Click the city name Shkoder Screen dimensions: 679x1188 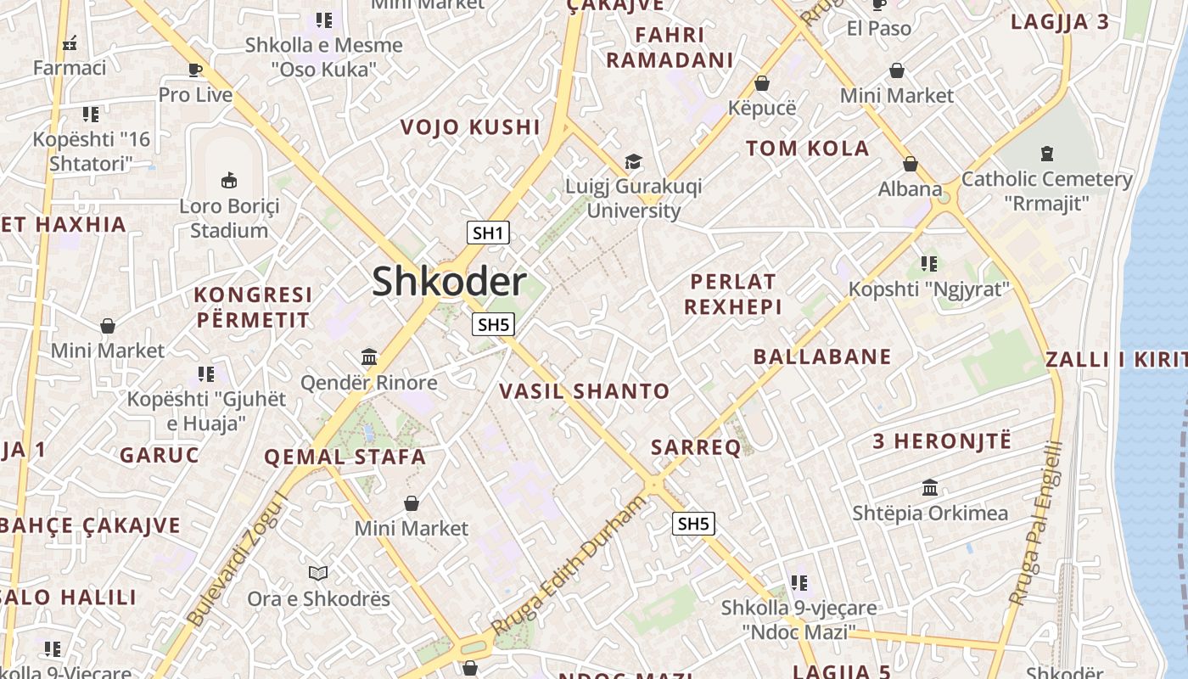coord(449,282)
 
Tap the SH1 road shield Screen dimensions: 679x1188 coord(488,233)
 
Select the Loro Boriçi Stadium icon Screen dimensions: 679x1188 coord(229,180)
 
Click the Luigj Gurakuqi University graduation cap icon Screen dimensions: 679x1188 coord(633,161)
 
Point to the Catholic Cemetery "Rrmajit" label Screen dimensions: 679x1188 coord(1046,191)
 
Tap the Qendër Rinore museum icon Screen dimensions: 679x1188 coord(369,356)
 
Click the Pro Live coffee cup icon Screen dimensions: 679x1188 coord(195,70)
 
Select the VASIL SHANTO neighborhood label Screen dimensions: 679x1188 coord(584,391)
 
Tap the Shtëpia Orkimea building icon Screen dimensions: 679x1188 coord(930,488)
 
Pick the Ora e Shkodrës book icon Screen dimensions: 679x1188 coord(318,573)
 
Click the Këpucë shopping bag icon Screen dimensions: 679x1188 coord(762,83)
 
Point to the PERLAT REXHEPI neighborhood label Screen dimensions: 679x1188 coord(733,294)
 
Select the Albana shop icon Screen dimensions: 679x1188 coord(911,164)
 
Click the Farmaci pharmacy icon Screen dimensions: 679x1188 coord(70,42)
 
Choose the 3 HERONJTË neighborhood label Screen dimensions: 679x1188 coord(942,441)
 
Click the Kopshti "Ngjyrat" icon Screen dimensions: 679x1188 coord(929,264)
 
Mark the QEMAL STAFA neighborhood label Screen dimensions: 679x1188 coord(345,457)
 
